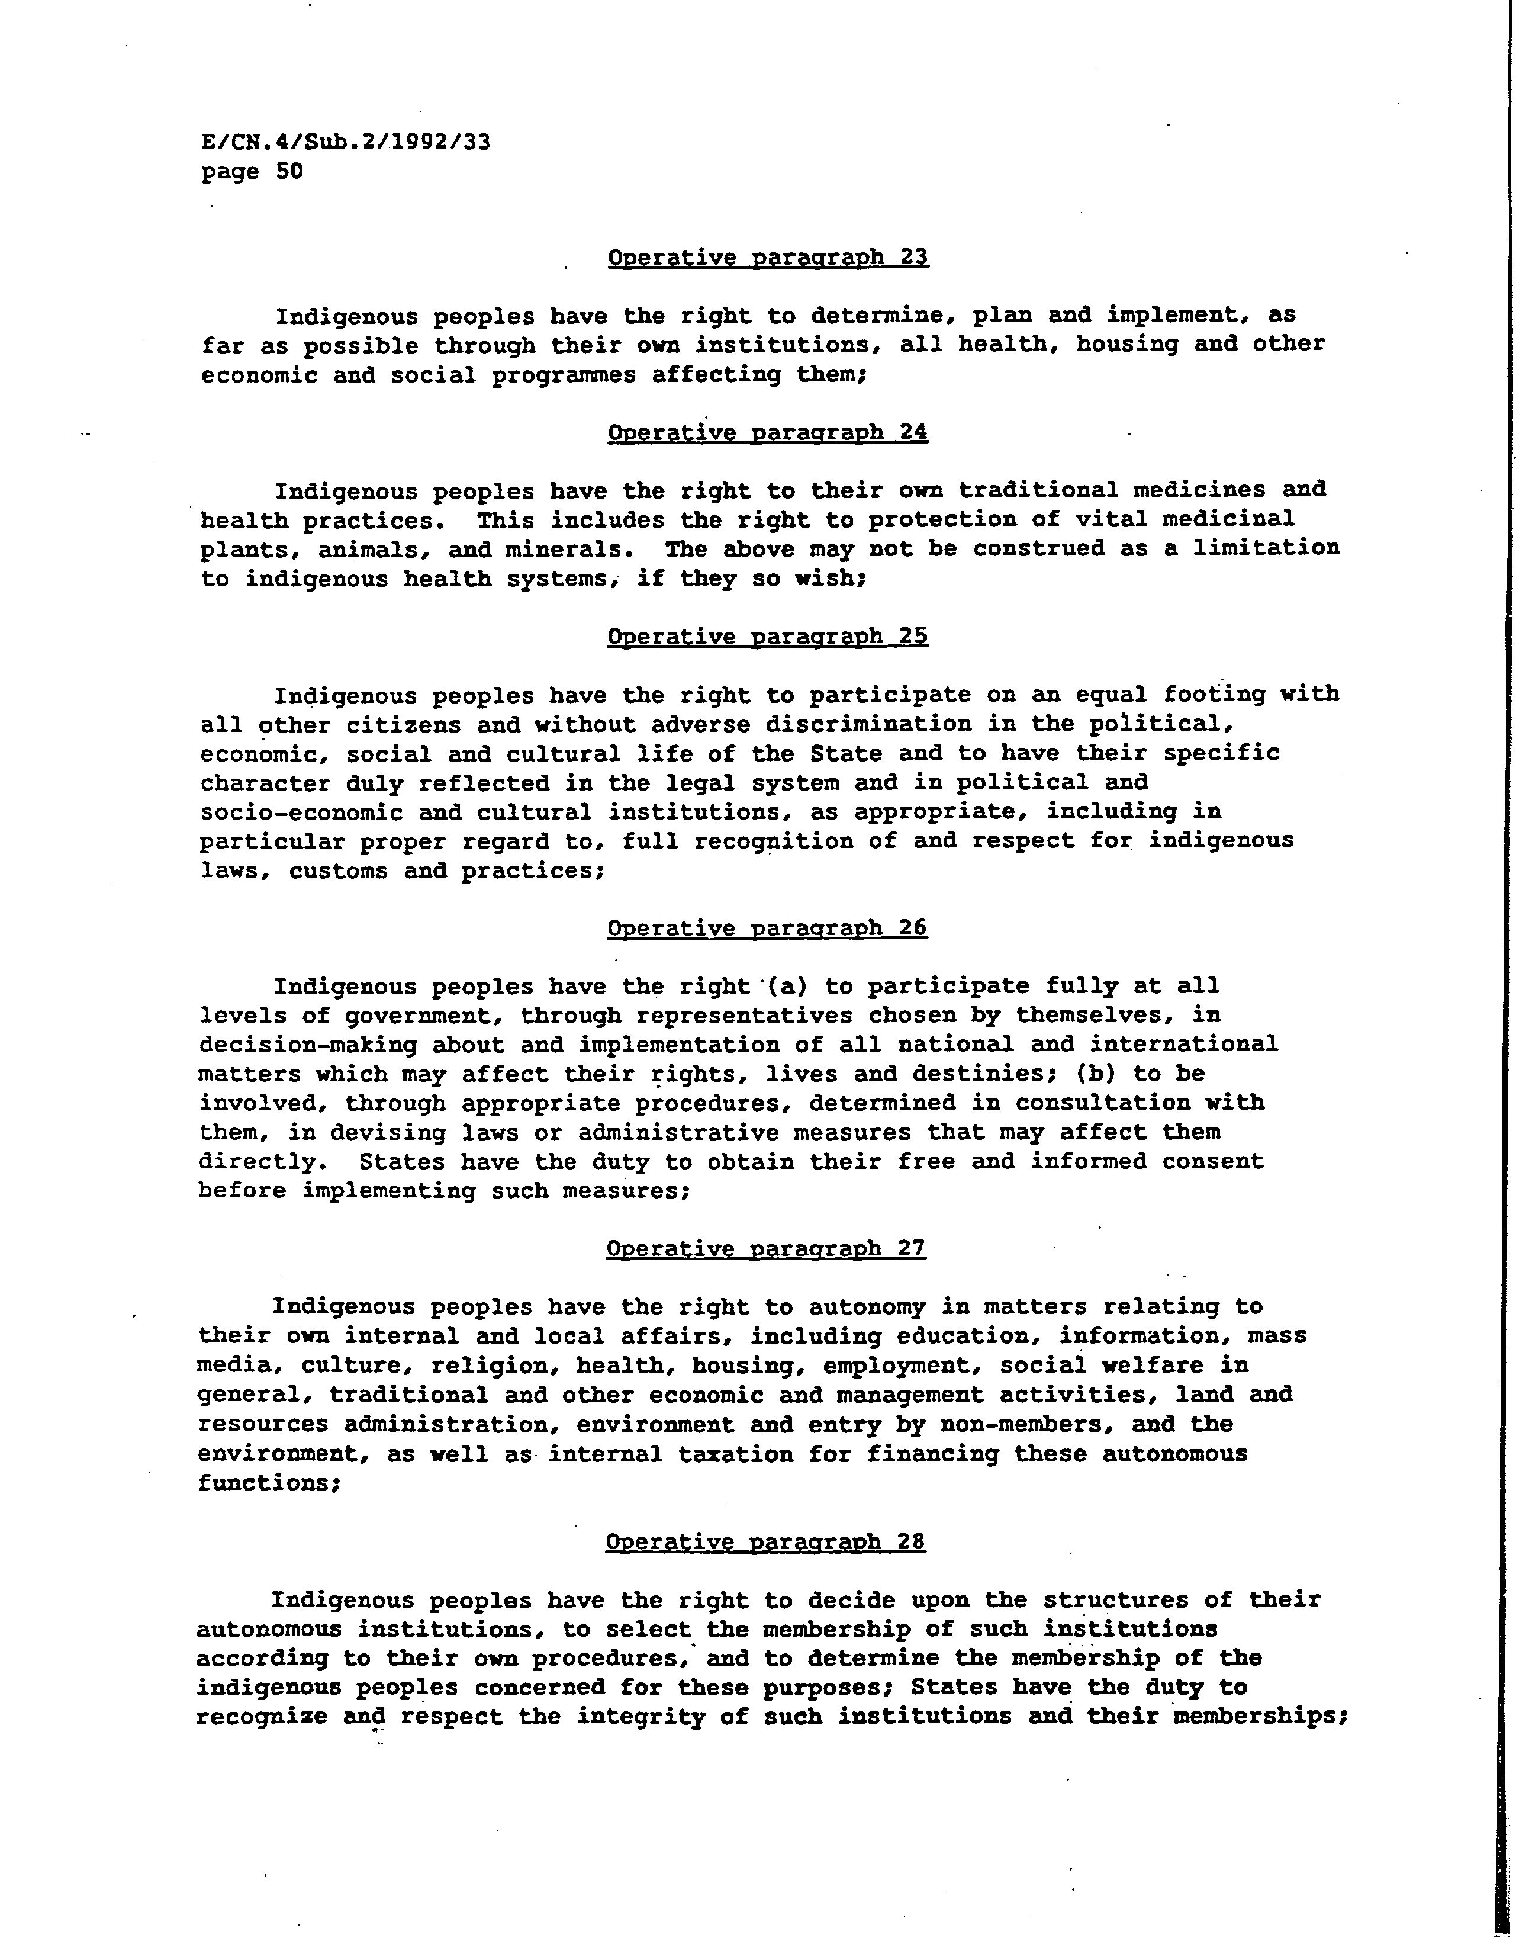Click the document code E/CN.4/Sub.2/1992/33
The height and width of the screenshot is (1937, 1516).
click(345, 142)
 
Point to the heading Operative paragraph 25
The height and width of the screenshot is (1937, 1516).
click(768, 637)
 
